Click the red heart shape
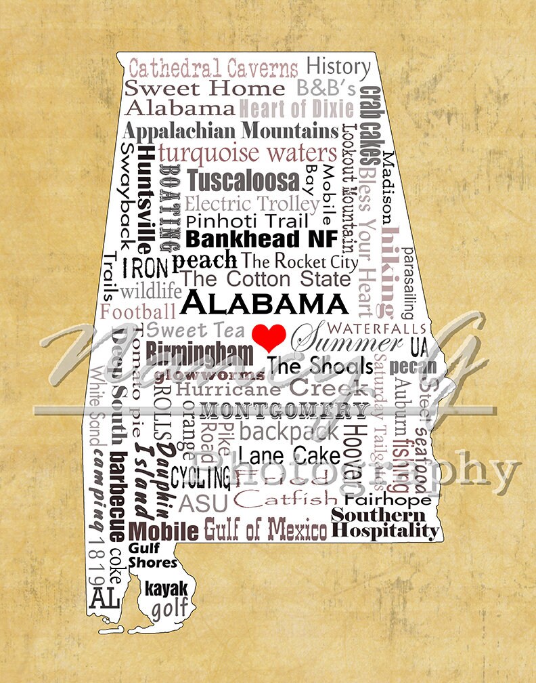click(268, 335)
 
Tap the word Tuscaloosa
click(242, 180)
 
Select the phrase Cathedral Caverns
click(213, 68)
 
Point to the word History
click(338, 66)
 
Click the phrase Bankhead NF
click(252, 239)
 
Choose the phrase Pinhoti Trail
click(246, 221)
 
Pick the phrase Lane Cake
click(289, 453)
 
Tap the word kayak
click(166, 588)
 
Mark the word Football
click(138, 312)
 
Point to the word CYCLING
click(200, 477)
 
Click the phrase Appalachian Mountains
click(230, 130)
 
